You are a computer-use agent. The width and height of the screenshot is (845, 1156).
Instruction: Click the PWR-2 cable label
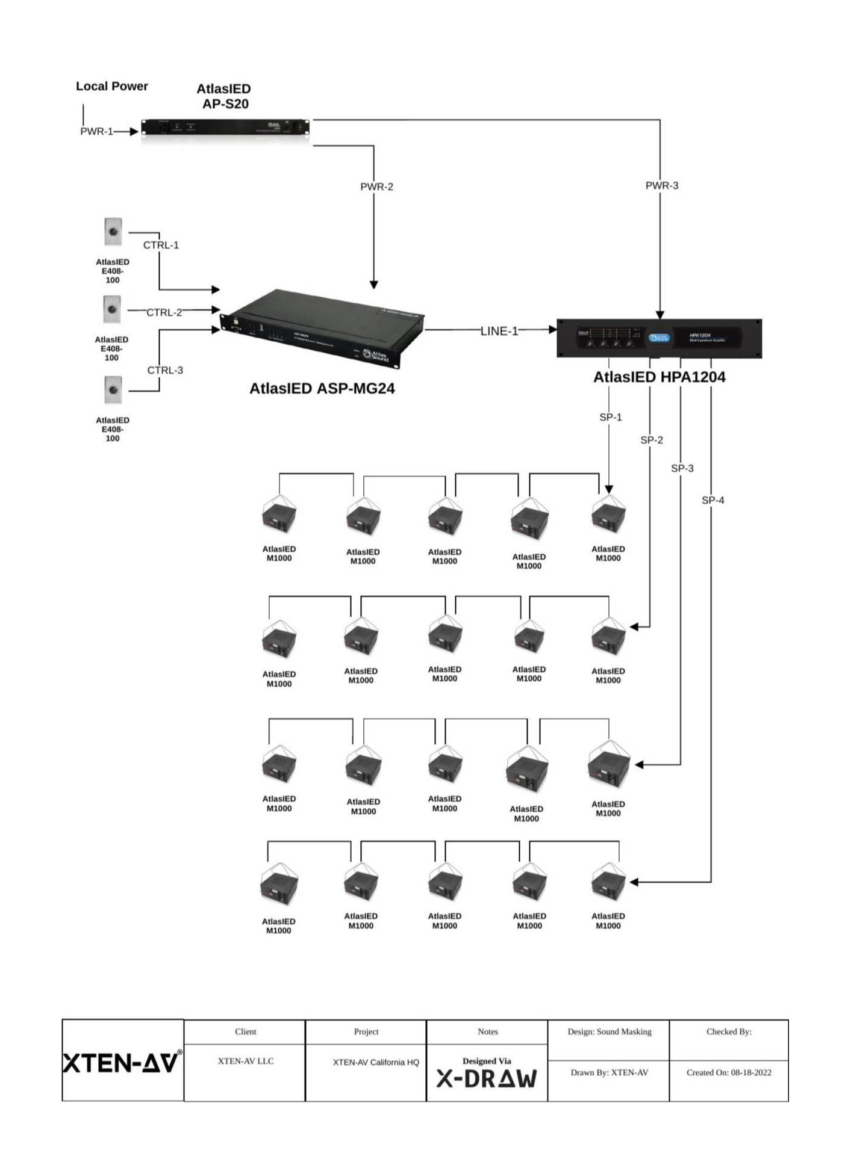point(376,187)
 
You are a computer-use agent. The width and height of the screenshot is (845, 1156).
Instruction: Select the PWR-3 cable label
point(661,185)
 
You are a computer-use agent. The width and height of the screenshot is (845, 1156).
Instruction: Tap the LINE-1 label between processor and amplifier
point(499,331)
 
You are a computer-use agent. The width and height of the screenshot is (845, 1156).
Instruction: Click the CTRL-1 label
point(161,245)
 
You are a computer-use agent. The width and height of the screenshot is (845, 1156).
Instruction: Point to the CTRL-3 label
point(165,370)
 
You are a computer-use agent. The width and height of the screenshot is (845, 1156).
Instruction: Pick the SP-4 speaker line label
point(712,500)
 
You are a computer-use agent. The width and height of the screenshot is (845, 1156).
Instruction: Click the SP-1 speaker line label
point(610,417)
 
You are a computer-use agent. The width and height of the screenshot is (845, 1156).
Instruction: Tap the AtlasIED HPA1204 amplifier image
point(659,338)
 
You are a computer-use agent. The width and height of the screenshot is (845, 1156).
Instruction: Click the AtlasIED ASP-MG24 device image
point(323,328)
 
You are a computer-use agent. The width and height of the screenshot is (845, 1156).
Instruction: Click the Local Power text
point(112,86)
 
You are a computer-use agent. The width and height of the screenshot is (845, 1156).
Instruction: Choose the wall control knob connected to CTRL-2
point(112,309)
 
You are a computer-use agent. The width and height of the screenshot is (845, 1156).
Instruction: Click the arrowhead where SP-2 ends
point(634,627)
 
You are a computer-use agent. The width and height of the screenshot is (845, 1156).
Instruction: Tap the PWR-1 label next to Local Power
point(96,131)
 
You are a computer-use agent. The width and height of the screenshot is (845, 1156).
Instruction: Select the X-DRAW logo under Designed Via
point(487,1079)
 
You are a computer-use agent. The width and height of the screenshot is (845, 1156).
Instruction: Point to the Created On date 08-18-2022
point(729,1072)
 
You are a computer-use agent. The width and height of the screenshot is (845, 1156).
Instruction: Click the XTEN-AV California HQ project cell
point(376,1063)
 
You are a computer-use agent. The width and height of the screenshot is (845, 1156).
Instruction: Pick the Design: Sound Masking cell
point(609,1031)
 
